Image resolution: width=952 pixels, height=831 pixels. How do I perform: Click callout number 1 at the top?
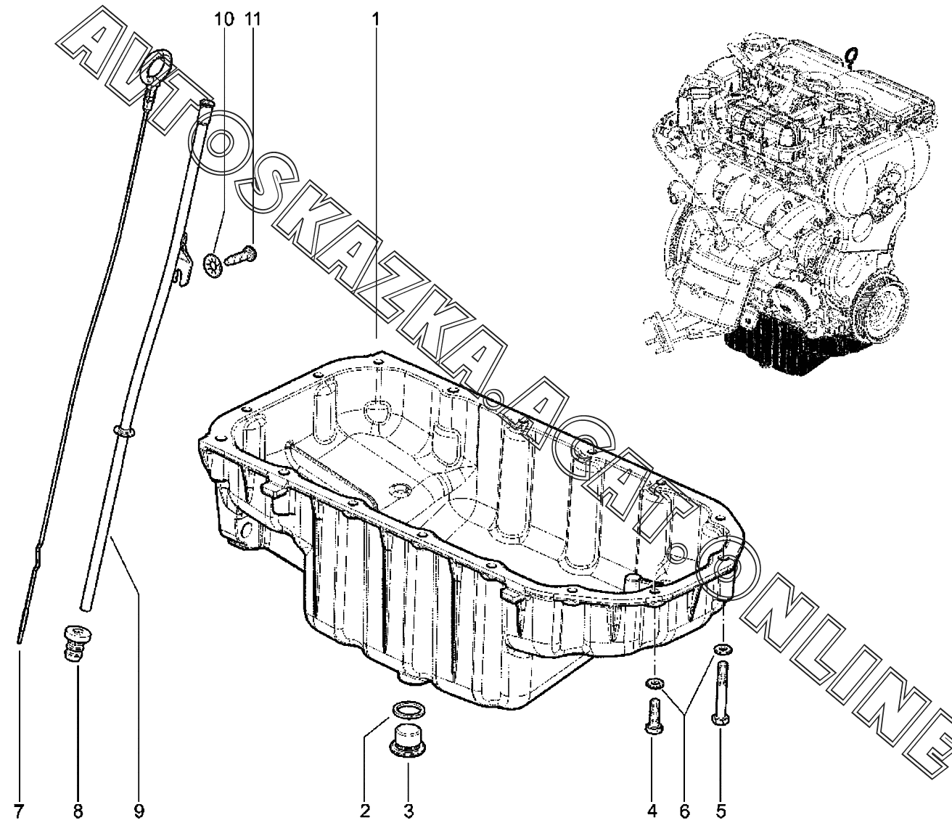(375, 18)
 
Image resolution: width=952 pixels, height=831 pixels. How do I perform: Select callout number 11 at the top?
(252, 18)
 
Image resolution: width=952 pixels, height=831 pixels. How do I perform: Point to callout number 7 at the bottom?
(19, 811)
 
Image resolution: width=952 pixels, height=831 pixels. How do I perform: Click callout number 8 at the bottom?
(78, 811)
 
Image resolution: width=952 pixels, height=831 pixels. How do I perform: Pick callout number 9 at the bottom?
(139, 811)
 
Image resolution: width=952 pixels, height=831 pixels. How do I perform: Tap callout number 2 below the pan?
(366, 811)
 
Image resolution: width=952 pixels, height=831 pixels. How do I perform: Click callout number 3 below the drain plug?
(408, 811)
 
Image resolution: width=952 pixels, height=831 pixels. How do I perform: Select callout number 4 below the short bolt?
(652, 811)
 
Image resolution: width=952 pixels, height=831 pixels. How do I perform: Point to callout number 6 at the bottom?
(684, 811)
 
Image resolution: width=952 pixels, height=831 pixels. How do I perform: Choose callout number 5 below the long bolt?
(721, 811)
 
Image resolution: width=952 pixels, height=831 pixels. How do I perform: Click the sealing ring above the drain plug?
(409, 708)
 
